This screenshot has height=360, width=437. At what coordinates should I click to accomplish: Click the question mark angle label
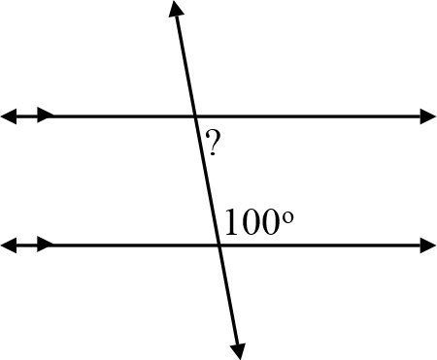(212, 146)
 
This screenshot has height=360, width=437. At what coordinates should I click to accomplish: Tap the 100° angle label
(257, 222)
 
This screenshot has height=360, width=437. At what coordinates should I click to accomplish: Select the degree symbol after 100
(287, 214)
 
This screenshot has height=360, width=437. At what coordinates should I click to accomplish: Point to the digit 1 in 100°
(231, 223)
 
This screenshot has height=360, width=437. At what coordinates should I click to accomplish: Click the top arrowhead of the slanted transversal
(175, 10)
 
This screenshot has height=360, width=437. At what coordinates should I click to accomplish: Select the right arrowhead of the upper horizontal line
(428, 116)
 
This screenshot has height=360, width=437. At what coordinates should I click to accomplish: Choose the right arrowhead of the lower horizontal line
(428, 245)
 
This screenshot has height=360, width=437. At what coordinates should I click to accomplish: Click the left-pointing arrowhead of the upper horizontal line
(8, 116)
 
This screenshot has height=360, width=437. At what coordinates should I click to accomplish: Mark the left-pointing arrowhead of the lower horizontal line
(8, 245)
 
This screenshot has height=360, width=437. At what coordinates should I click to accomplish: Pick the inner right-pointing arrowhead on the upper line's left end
(46, 116)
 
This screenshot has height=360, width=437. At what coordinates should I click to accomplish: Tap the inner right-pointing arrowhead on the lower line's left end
(46, 245)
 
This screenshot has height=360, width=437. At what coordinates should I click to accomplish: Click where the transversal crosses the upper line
(195, 116)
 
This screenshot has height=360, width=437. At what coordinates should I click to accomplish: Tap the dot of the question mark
(212, 155)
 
